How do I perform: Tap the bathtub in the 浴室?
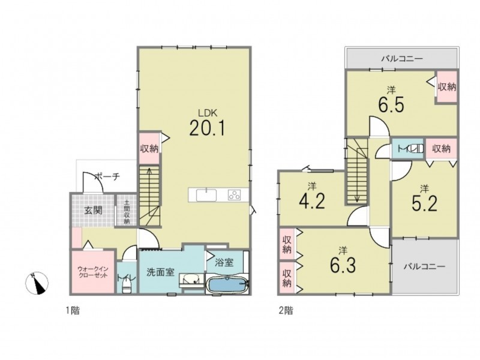(227, 285)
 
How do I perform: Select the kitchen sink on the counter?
(206, 195)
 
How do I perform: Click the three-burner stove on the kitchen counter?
(234, 195)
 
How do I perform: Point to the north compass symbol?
(37, 283)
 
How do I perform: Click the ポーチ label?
(107, 176)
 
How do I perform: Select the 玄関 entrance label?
(94, 211)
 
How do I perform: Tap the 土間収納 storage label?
(127, 212)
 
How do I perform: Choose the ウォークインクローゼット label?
(93, 272)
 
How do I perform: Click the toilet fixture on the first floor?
(127, 287)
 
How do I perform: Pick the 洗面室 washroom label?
(160, 272)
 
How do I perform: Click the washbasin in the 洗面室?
(191, 279)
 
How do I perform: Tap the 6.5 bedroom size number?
(391, 104)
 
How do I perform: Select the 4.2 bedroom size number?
(311, 201)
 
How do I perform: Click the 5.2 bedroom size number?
(424, 203)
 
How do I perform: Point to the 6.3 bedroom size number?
(343, 265)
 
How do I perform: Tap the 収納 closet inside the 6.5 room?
(447, 87)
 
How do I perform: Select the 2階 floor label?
(286, 311)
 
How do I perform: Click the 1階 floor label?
(73, 311)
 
